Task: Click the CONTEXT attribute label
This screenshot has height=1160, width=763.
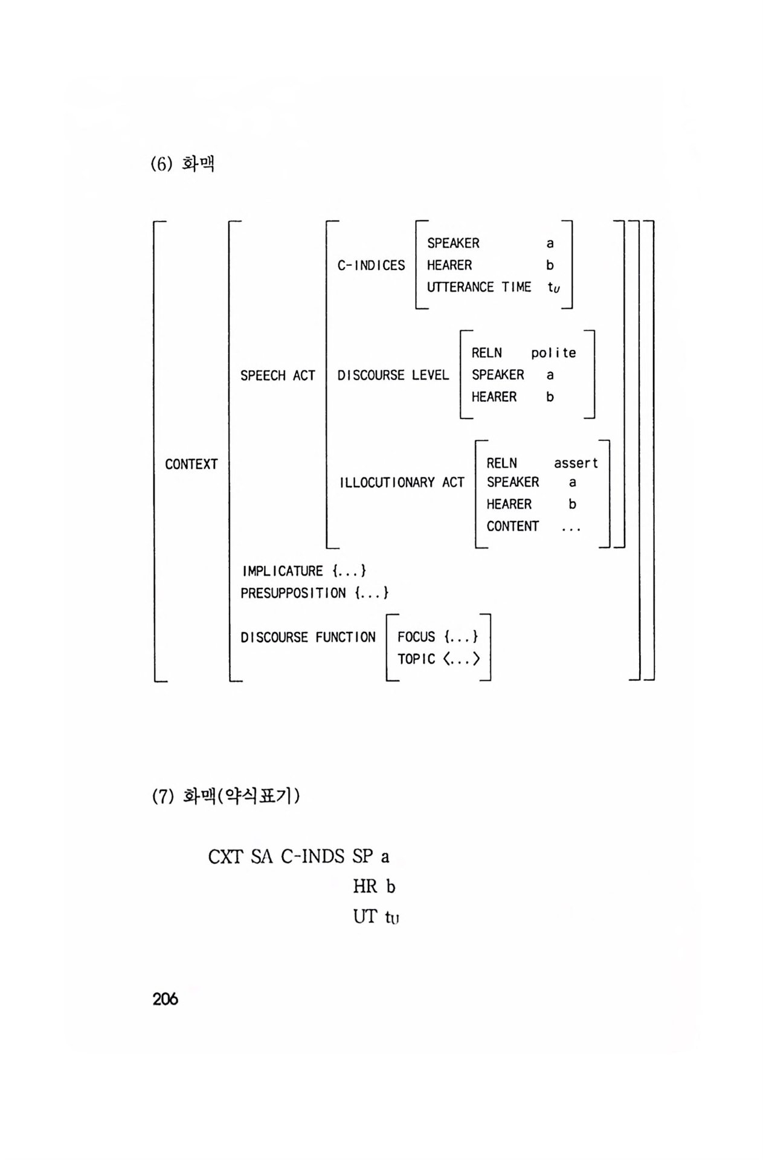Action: (191, 464)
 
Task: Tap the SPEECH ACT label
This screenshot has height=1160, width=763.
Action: (277, 375)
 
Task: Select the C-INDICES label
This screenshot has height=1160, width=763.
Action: (371, 265)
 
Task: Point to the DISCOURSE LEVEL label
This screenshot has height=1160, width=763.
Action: (393, 375)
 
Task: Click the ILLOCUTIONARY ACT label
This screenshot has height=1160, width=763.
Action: (402, 482)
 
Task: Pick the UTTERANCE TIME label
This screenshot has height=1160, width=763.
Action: (478, 287)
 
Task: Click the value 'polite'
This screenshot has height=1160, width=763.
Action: (553, 353)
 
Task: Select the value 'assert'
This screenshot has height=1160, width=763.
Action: (575, 463)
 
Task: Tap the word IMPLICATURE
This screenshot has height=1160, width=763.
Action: (282, 571)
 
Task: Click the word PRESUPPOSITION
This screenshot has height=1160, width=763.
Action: (293, 593)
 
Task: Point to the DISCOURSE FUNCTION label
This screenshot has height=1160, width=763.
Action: (307, 637)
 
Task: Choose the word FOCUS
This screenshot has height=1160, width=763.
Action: (416, 637)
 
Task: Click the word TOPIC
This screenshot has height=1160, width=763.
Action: (416, 659)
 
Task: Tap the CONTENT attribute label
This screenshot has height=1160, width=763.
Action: (512, 526)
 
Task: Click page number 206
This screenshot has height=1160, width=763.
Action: (165, 999)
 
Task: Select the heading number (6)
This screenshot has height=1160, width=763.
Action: (161, 164)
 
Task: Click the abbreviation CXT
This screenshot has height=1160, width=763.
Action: (225, 857)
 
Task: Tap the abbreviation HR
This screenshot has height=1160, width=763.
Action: (365, 887)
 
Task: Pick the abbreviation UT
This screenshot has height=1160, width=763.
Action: (365, 917)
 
